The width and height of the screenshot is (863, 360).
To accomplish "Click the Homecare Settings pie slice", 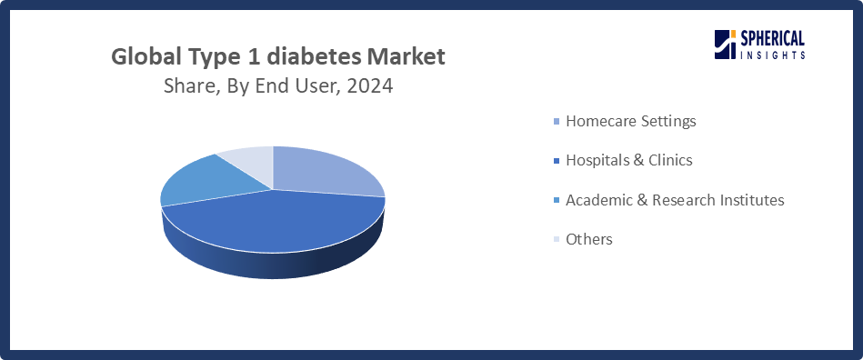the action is coord(325,171).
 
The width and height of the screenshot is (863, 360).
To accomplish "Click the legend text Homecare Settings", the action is coord(631,121).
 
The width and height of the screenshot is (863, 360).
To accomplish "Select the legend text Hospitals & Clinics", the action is coord(629,160).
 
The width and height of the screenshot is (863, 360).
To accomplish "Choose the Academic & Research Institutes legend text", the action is coord(675,200).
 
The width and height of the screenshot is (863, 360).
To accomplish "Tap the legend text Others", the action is coord(589,239).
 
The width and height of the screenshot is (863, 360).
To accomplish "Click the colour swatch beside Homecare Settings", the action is coord(557,121).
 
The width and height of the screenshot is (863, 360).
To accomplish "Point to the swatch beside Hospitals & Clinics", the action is coord(557,161).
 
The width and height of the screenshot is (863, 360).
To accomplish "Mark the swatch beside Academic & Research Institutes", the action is coord(557,200).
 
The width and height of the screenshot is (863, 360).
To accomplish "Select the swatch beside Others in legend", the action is coord(557,239).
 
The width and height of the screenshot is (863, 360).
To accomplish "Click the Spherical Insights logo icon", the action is coord(726,45).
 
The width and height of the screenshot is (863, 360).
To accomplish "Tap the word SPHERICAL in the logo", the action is coord(772,39).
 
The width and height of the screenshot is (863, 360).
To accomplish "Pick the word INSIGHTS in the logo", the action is coord(773,55).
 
